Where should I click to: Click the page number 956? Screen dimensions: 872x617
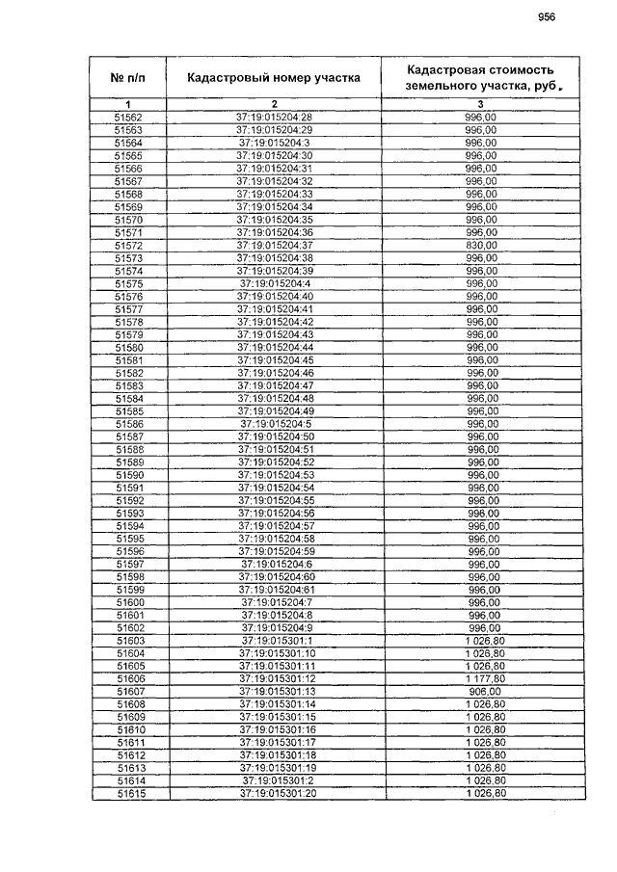click(x=547, y=16)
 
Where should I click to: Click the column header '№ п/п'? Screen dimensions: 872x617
click(x=128, y=77)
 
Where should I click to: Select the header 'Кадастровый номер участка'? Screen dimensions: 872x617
click(x=274, y=77)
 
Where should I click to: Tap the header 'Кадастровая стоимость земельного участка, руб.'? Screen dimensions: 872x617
click(x=481, y=78)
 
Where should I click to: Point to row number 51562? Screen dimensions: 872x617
click(x=128, y=117)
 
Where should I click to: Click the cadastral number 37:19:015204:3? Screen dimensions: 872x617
click(x=274, y=143)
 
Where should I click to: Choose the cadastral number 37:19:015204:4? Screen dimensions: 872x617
click(x=274, y=284)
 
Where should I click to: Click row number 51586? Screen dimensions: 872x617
click(x=128, y=424)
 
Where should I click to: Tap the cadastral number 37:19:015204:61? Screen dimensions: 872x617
click(x=274, y=590)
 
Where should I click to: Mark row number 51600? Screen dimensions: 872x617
click(x=128, y=602)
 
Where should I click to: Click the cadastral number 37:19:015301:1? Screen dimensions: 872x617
click(x=274, y=641)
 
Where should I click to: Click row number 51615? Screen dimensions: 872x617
click(x=128, y=794)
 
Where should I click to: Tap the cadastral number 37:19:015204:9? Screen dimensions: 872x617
click(x=274, y=628)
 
